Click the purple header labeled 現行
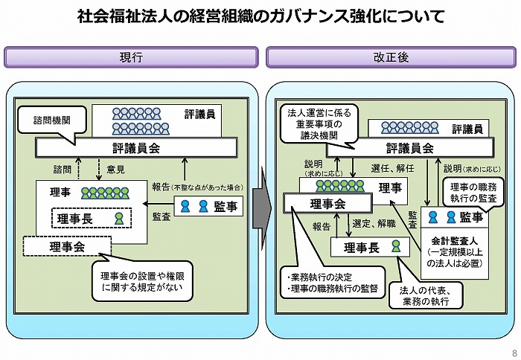tap(131, 57)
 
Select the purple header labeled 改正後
tap(391, 57)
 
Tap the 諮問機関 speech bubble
tap(52, 120)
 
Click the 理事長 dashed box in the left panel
tap(92, 218)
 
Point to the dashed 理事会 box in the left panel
tap(67, 246)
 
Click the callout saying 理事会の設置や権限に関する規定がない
tap(142, 281)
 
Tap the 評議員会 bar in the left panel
tap(136, 148)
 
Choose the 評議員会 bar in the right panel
tap(410, 148)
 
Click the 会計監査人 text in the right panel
tap(454, 240)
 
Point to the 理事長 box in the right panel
tap(370, 247)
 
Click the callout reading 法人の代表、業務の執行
tap(426, 296)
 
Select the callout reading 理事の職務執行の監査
tap(473, 193)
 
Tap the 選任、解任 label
tap(392, 168)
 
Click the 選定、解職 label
tap(374, 223)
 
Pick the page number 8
tap(514, 353)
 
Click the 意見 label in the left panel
tap(115, 170)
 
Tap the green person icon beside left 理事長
tap(119, 219)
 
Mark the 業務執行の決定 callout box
tap(333, 283)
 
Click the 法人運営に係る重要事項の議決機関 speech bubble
tap(319, 124)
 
